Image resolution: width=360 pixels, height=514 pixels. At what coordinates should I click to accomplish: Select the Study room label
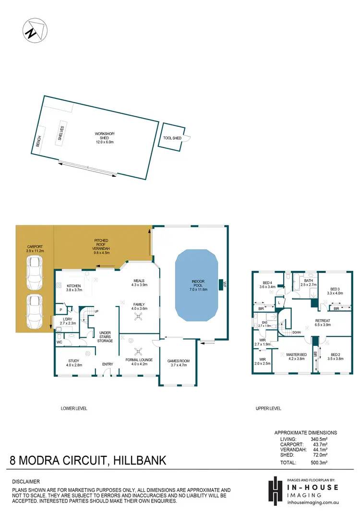click(x=74, y=363)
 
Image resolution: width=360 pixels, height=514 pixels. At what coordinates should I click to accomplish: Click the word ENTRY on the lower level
click(x=108, y=364)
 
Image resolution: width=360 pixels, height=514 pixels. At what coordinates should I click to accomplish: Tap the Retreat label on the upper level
click(x=323, y=323)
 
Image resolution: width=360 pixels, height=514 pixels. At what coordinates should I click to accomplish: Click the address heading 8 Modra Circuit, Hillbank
click(x=88, y=461)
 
